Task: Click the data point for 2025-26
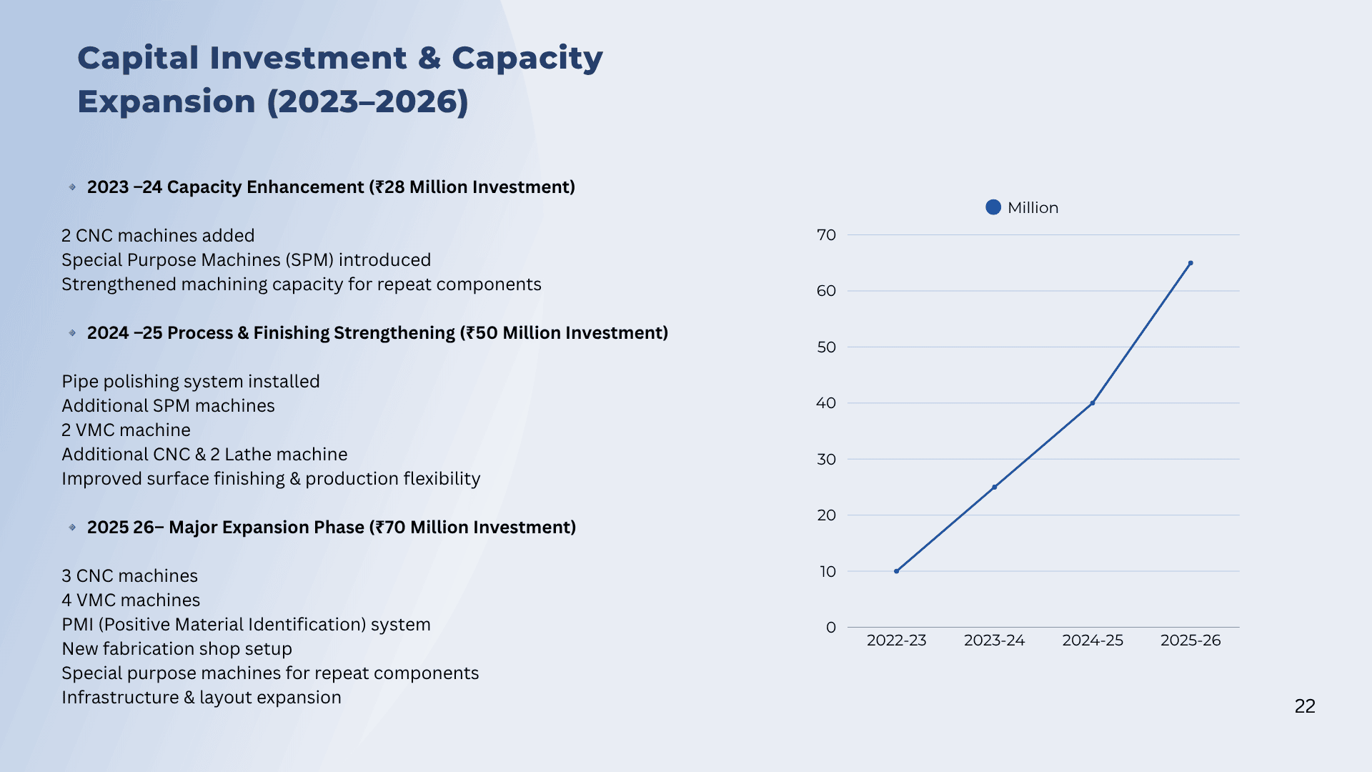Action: tap(1190, 263)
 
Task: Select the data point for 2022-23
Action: tap(897, 571)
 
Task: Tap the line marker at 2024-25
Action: tap(1093, 403)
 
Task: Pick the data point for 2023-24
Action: tap(995, 488)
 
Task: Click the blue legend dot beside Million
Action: tap(993, 207)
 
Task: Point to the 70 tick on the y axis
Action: tap(826, 235)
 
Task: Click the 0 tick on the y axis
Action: tap(831, 628)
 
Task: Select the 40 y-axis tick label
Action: tap(826, 403)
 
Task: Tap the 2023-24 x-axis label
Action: tap(995, 640)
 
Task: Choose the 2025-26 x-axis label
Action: tap(1190, 640)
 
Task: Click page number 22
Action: tap(1305, 706)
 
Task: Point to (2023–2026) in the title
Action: tap(367, 102)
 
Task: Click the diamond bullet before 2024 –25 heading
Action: tap(72, 333)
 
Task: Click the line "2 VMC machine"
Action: tap(126, 430)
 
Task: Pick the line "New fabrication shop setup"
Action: tap(177, 649)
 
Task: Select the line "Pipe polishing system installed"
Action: tap(191, 382)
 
